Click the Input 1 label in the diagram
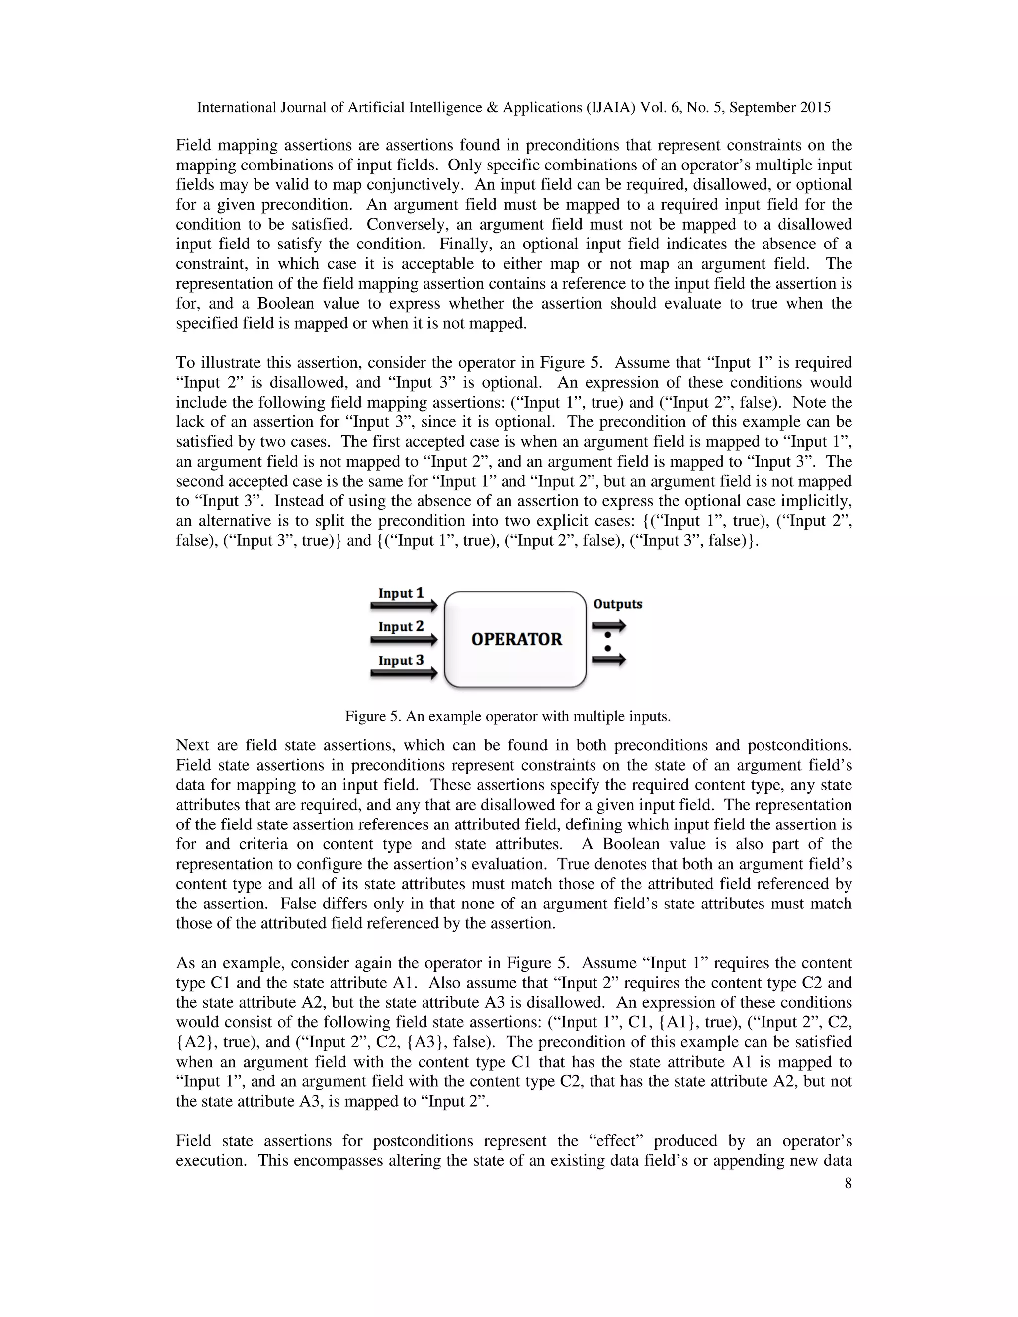pos(401,593)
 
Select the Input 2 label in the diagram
pos(401,627)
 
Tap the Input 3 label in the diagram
pos(401,660)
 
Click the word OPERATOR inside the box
pos(516,639)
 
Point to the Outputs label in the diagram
pos(617,604)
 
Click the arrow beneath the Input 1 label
pos(404,605)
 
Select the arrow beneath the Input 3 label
pos(404,673)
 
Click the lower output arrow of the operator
pos(609,660)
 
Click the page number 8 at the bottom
pos(848,1183)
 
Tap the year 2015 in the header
pos(815,108)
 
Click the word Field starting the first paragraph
pos(193,145)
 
